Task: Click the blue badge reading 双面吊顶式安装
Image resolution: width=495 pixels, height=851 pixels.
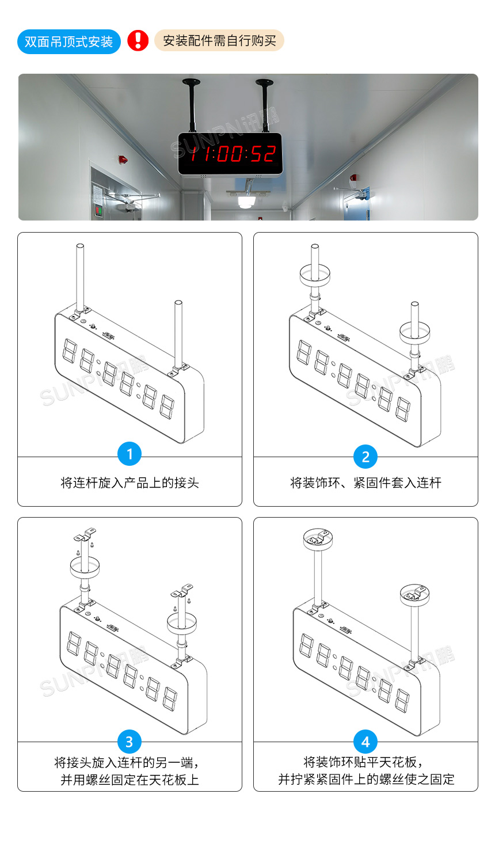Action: pos(68,41)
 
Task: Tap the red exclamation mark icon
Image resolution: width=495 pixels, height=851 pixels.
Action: pos(138,40)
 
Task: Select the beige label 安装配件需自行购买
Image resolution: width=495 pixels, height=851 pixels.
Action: pos(219,41)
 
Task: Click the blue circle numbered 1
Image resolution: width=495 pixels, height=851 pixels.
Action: pos(129,454)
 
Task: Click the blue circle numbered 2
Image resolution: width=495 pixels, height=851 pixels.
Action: pos(365,457)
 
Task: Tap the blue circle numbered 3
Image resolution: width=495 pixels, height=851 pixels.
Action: pos(129,742)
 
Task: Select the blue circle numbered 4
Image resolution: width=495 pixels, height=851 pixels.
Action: pos(365,742)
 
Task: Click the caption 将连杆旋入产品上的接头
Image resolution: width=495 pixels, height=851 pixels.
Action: pos(130,483)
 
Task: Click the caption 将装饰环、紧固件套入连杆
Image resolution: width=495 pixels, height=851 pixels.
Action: pos(365,483)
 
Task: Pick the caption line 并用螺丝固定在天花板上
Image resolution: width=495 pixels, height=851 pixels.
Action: pos(130,780)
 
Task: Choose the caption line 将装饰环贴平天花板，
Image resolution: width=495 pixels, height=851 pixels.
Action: pos(364,762)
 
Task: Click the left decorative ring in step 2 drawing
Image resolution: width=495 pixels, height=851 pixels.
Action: pos(314,274)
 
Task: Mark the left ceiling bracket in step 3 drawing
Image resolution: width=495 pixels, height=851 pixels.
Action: pos(85,536)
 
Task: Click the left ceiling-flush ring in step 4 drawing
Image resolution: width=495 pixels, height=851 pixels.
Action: pos(318,539)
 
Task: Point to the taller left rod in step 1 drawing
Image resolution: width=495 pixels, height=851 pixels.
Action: pos(80,276)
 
